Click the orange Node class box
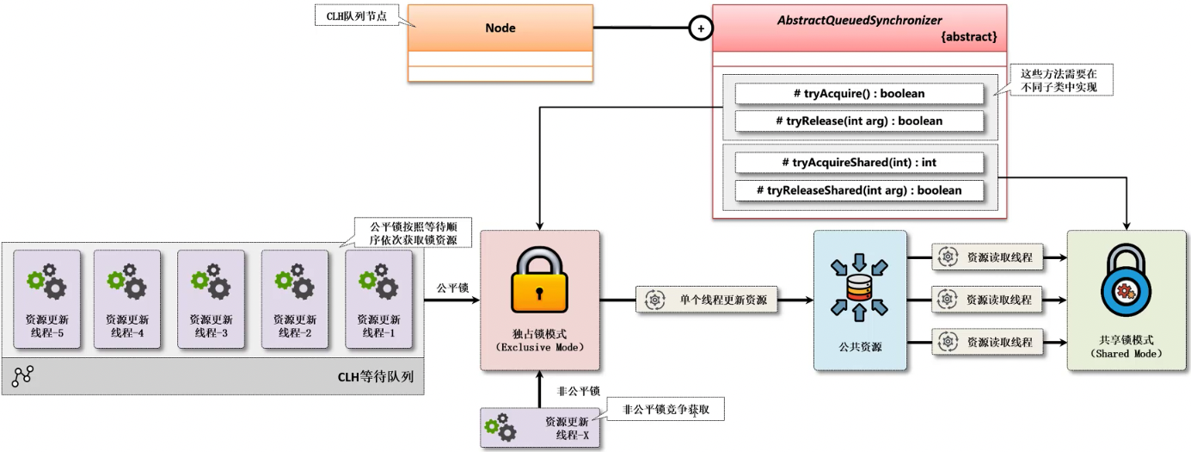[500, 28]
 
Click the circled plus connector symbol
[701, 28]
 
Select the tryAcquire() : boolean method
[859, 93]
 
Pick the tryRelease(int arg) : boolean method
[859, 121]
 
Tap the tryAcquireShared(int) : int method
[859, 162]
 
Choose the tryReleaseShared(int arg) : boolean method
[859, 190]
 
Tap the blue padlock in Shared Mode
[1127, 284]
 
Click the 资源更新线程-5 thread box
[46, 298]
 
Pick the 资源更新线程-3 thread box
[211, 298]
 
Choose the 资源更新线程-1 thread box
[378, 298]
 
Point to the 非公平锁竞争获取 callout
[666, 410]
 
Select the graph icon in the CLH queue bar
[23, 376]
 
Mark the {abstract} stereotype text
[969, 37]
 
